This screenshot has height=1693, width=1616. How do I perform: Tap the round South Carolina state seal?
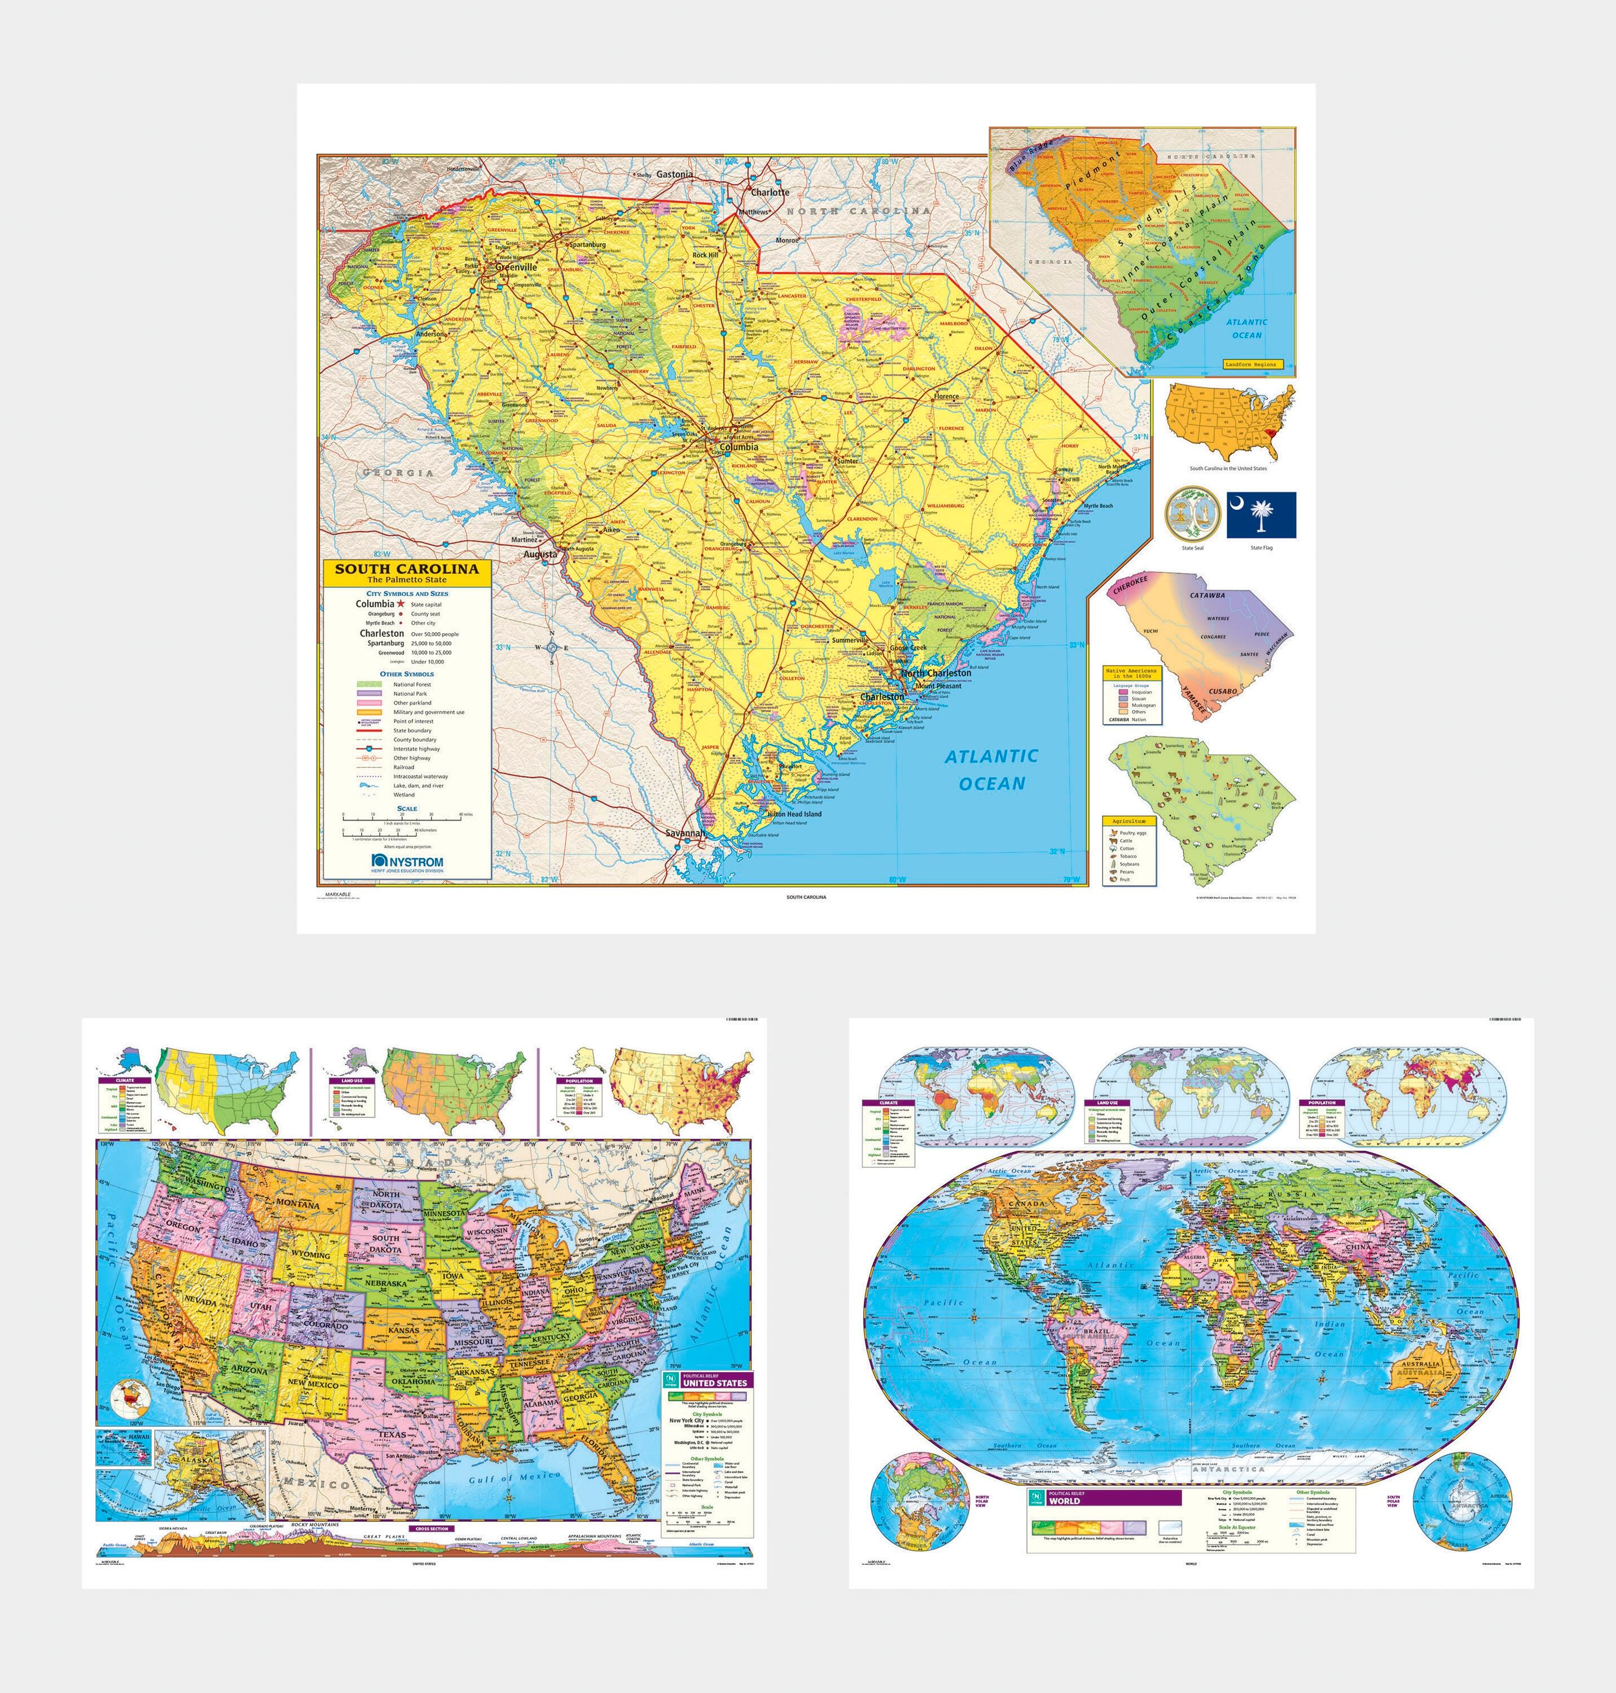1192,514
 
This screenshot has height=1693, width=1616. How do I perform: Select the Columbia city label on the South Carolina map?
738,447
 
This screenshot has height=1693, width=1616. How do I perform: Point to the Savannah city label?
685,834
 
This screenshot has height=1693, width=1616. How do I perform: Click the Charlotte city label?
769,192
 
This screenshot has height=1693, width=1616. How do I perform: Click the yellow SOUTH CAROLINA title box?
407,572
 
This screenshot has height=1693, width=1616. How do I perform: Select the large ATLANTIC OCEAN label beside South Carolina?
991,769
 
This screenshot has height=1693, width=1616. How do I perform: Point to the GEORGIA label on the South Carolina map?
398,473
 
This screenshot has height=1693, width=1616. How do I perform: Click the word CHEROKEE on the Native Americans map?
1130,586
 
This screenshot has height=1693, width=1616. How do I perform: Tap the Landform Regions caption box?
1253,365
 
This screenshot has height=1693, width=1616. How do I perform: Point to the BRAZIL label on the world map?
1096,1331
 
